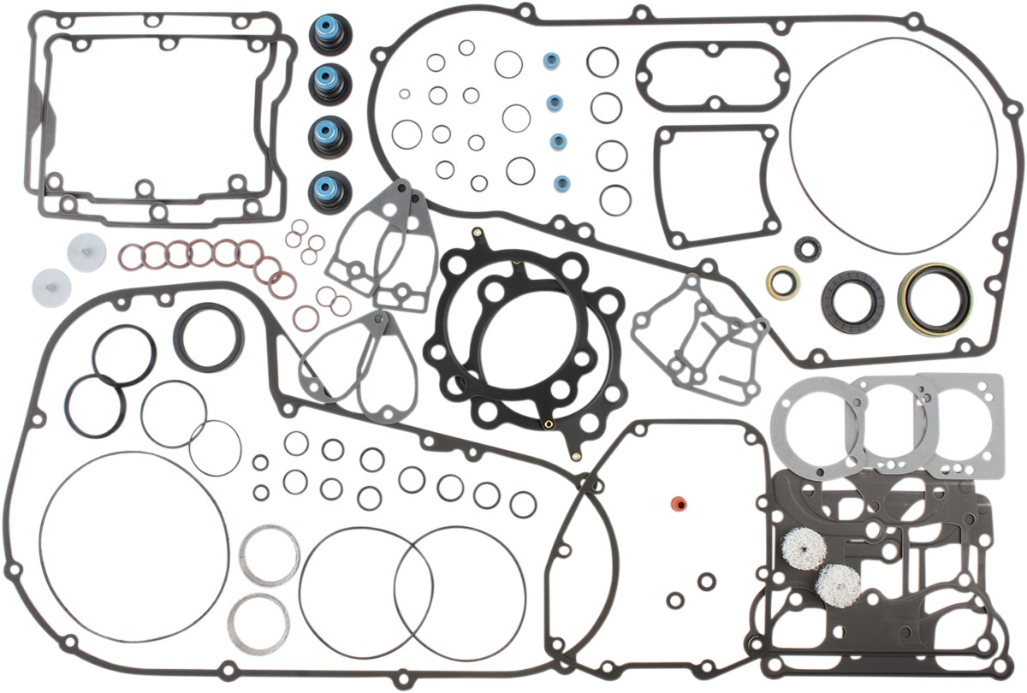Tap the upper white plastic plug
click(86, 253)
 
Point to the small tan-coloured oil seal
click(782, 282)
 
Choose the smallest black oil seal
click(808, 249)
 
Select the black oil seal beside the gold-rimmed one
click(852, 299)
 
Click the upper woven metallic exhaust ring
click(270, 555)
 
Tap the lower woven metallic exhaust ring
click(259, 622)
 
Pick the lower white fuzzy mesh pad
click(837, 585)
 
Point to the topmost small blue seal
click(552, 62)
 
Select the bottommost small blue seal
click(562, 182)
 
